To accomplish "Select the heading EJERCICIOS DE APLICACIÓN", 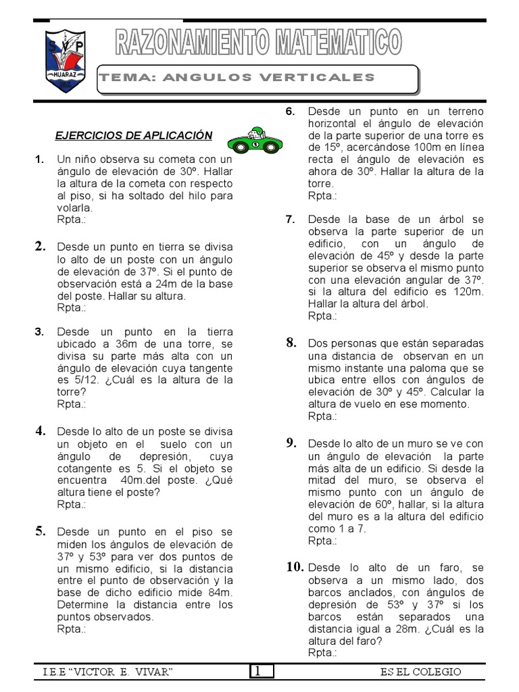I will point(134,136).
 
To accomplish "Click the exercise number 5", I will point(41,531).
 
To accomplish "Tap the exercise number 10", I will point(294,567).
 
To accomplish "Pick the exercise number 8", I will point(291,343).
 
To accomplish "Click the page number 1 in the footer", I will point(262,671).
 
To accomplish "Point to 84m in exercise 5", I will point(219,593).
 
